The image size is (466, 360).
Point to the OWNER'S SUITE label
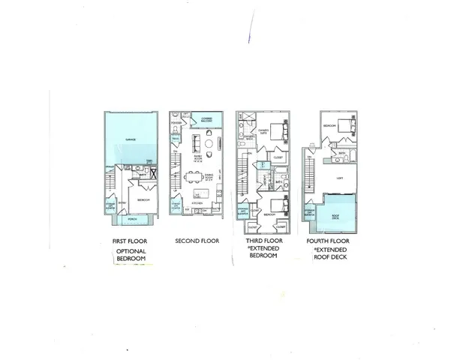tap(263, 130)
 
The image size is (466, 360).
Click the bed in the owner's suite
tap(279, 131)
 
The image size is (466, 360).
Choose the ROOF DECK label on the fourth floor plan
tap(335, 215)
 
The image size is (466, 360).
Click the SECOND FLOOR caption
tap(197, 241)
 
